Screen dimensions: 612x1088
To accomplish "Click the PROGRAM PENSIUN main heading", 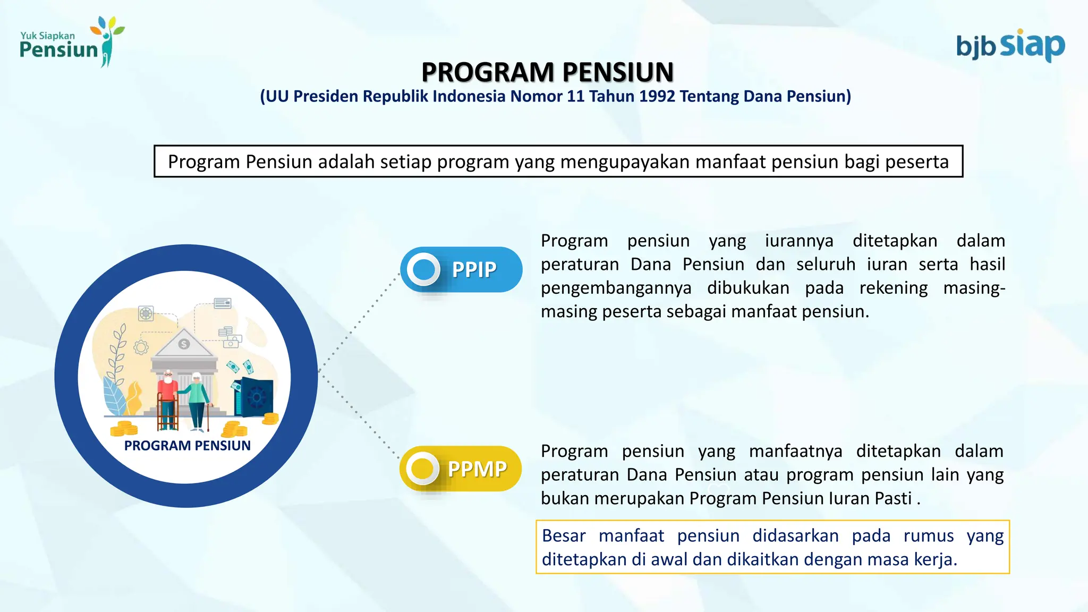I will pos(547,72).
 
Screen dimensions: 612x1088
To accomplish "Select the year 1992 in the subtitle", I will pos(657,96).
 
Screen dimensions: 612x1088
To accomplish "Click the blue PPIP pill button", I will pos(461,269).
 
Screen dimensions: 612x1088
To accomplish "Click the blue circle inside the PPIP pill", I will pos(423,269).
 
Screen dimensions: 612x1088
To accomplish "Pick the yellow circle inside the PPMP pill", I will pos(422,469).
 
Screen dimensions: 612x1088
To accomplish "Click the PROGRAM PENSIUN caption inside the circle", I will pos(187,446).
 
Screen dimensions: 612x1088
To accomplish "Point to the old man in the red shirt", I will pos(168,398).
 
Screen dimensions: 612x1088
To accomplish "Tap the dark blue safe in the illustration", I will pos(255,396).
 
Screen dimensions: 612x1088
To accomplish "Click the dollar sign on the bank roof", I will pos(184,344).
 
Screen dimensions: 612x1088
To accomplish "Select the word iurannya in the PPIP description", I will pos(799,241).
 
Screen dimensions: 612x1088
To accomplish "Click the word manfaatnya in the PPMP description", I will pos(795,452).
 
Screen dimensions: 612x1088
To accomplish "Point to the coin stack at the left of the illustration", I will pos(124,428).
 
